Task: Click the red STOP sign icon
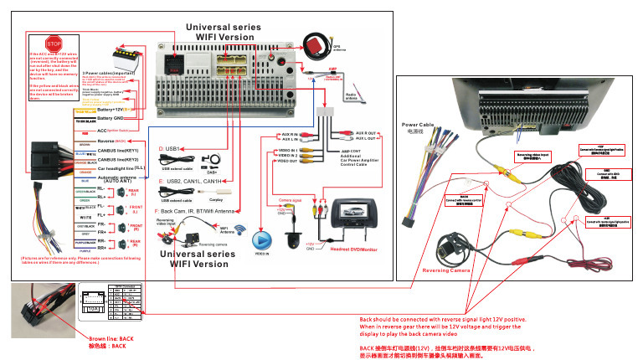click(54, 43)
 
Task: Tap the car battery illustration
click(130, 60)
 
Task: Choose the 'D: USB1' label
click(169, 147)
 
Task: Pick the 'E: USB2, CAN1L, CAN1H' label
click(191, 180)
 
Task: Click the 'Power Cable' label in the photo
click(419, 126)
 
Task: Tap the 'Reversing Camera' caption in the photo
click(445, 270)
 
